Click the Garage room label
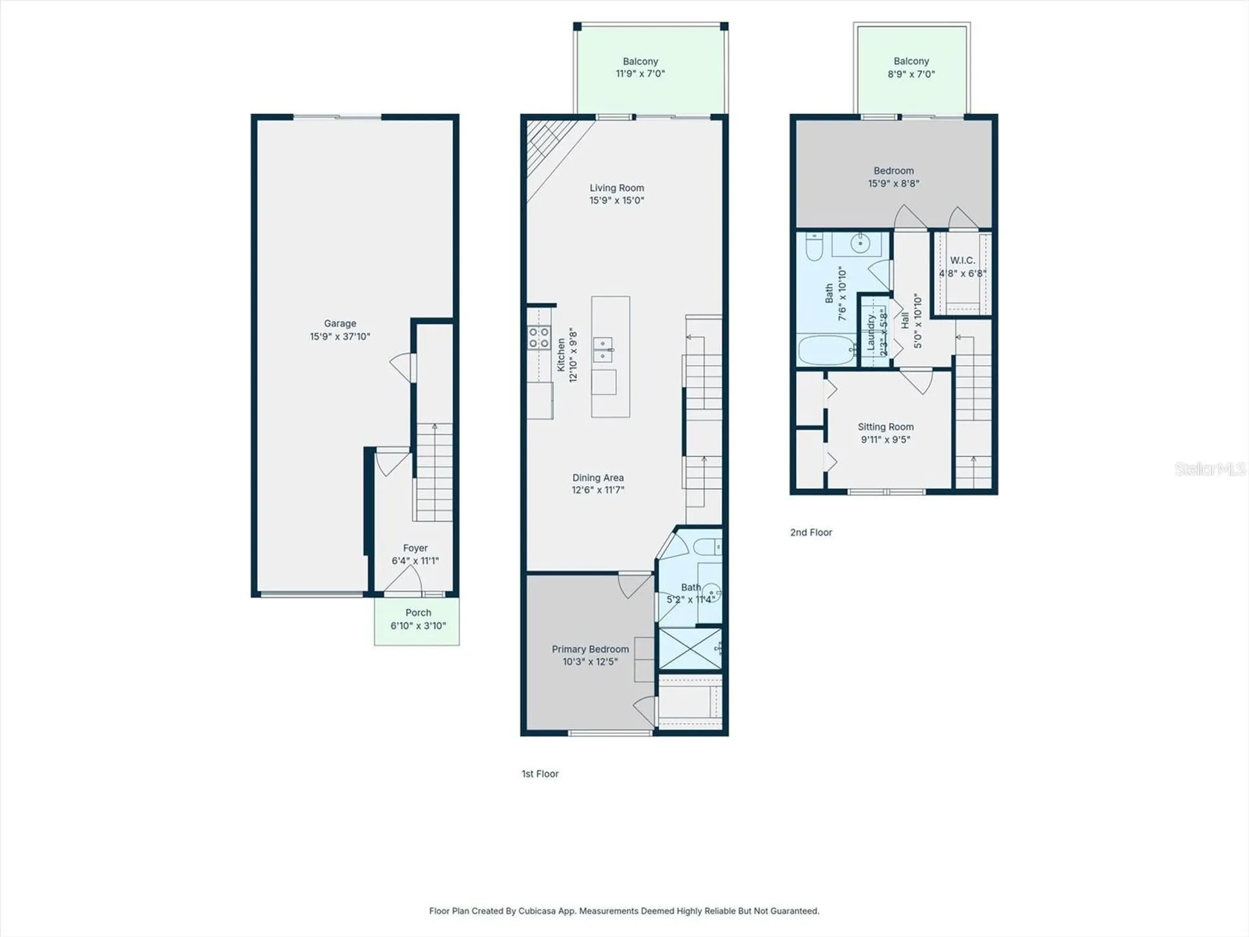point(340,323)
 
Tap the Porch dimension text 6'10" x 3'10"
point(418,626)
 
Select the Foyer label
point(415,548)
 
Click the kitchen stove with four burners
point(539,338)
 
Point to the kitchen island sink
point(603,349)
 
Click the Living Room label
point(617,188)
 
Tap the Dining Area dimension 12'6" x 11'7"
point(598,490)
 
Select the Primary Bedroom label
point(590,649)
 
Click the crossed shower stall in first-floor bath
point(690,648)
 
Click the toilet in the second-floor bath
point(814,245)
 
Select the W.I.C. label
point(962,260)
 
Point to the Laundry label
point(872,333)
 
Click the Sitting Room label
point(885,427)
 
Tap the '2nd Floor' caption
point(811,532)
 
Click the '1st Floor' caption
point(540,774)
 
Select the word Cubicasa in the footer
point(537,911)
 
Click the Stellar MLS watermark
point(1210,468)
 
